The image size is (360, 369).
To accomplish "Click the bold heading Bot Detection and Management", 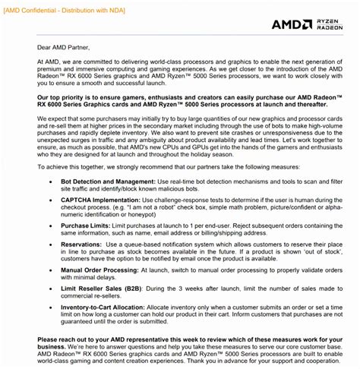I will click(109, 184).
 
